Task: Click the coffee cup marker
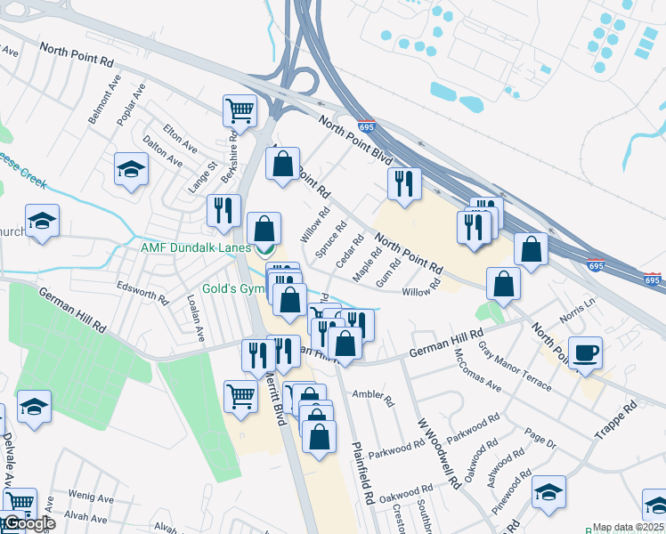pos(585,353)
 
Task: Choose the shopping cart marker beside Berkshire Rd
pos(240,111)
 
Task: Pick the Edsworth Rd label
pos(142,295)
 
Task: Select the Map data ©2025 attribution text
pos(629,527)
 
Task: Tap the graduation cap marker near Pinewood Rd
pos(549,491)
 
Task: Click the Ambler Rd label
pos(373,396)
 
